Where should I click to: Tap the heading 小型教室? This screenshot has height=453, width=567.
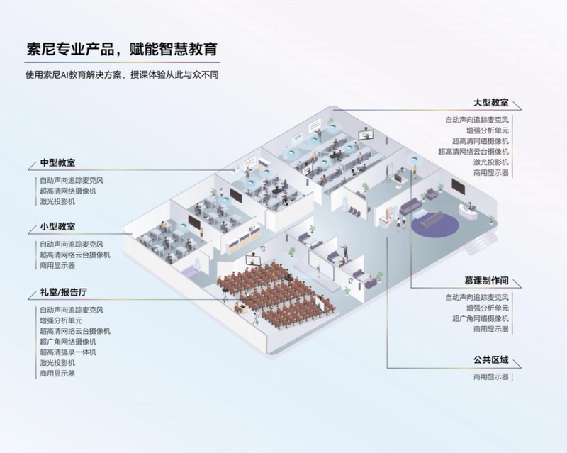pos(58,227)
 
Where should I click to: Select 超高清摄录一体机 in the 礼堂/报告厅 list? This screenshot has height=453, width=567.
pos(68,352)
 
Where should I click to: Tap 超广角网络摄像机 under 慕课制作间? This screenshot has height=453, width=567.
pos(480,319)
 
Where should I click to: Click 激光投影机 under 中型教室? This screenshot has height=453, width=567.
pos(57,201)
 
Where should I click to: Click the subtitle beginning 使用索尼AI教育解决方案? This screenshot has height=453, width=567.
pos(120,74)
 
